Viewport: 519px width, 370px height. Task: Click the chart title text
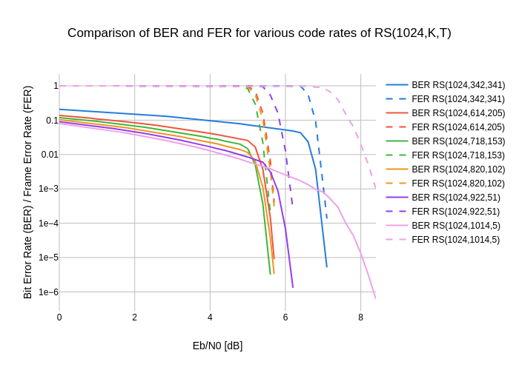[x=259, y=33]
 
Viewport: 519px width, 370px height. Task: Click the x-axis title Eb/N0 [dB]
[x=217, y=346]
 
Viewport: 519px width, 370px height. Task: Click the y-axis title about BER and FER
[x=28, y=192]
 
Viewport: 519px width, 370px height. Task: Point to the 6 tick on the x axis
[x=285, y=317]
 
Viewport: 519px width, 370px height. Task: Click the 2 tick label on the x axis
[x=135, y=317]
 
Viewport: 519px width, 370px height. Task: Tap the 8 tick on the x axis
[x=361, y=317]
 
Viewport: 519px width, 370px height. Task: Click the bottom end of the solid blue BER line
[x=326, y=266]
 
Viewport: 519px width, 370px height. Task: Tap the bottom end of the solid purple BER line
[x=293, y=287]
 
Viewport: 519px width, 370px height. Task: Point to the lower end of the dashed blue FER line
[x=326, y=219]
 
